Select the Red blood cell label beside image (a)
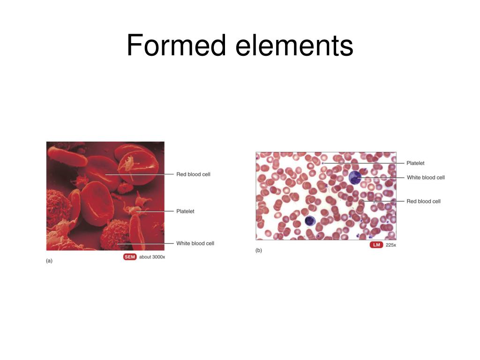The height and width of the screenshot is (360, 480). point(193,174)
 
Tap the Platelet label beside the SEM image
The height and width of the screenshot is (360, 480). point(185,211)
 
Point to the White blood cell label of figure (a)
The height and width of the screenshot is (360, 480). point(195,243)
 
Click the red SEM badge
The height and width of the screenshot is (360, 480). point(130,257)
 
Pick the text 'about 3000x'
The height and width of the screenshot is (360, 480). point(152,257)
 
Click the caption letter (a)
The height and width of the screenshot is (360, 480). point(49,261)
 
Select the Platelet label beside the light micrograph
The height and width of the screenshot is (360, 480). point(415,163)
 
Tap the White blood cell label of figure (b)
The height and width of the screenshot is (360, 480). point(426,177)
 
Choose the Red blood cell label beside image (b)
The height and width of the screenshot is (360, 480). point(423,201)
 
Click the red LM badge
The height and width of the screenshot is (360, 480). point(376,245)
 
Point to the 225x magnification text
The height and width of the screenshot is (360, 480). point(391,245)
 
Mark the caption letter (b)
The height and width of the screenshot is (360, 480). point(259,250)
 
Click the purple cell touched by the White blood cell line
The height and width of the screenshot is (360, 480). point(355,177)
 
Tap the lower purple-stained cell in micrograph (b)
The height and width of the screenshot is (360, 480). point(310,221)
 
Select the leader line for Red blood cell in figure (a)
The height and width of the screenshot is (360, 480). point(141,174)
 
